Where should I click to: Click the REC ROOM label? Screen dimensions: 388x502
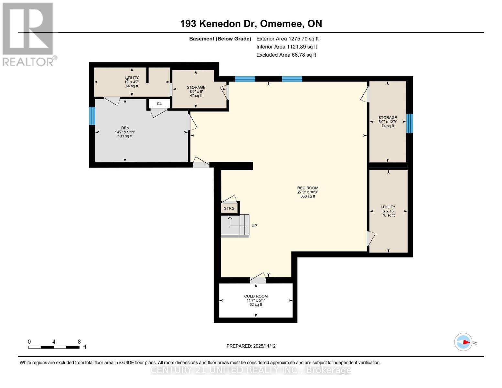(307, 192)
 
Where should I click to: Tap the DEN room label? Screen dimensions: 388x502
(125, 132)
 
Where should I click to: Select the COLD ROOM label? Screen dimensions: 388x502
(256, 300)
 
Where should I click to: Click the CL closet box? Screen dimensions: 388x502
(159, 104)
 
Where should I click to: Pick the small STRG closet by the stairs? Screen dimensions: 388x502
(229, 208)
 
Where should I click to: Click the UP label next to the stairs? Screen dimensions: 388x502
(254, 226)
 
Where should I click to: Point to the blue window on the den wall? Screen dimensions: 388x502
(92, 116)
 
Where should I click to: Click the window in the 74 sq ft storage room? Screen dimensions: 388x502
(409, 123)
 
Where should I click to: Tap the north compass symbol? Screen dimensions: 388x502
(464, 342)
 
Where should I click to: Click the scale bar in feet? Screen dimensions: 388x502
(54, 347)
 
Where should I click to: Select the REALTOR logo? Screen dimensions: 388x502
(28, 34)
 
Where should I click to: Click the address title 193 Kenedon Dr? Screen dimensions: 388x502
(251, 24)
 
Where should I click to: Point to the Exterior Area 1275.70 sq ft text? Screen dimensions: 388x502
(287, 38)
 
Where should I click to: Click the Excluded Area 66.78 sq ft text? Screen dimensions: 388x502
(286, 55)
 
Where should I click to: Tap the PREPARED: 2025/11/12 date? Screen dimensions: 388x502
(251, 346)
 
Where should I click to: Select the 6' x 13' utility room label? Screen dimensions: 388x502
(388, 211)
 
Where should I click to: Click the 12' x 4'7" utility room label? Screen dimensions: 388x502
(132, 82)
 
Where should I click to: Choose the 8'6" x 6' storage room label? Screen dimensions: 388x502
(196, 92)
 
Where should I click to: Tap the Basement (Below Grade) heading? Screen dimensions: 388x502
(220, 39)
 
